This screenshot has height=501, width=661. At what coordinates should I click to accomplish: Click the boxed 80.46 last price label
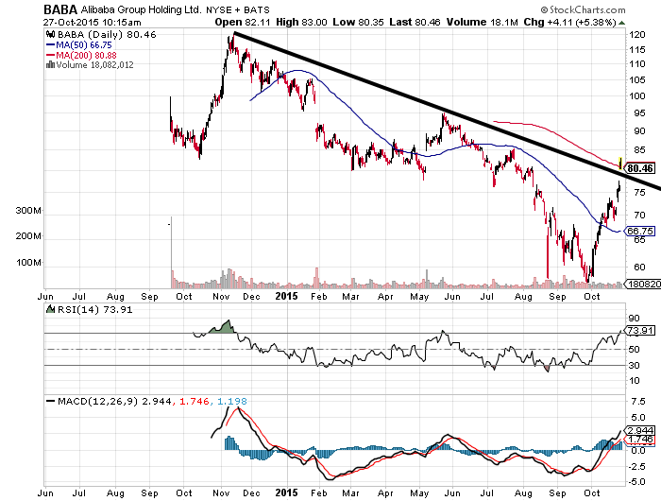tap(640, 167)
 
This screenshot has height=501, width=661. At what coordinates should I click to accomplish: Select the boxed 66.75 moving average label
tap(640, 231)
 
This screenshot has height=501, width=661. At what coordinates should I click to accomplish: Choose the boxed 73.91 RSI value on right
tap(640, 331)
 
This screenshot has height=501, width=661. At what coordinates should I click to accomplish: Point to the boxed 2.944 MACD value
tap(640, 429)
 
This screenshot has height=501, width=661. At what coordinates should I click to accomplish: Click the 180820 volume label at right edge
tap(640, 283)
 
